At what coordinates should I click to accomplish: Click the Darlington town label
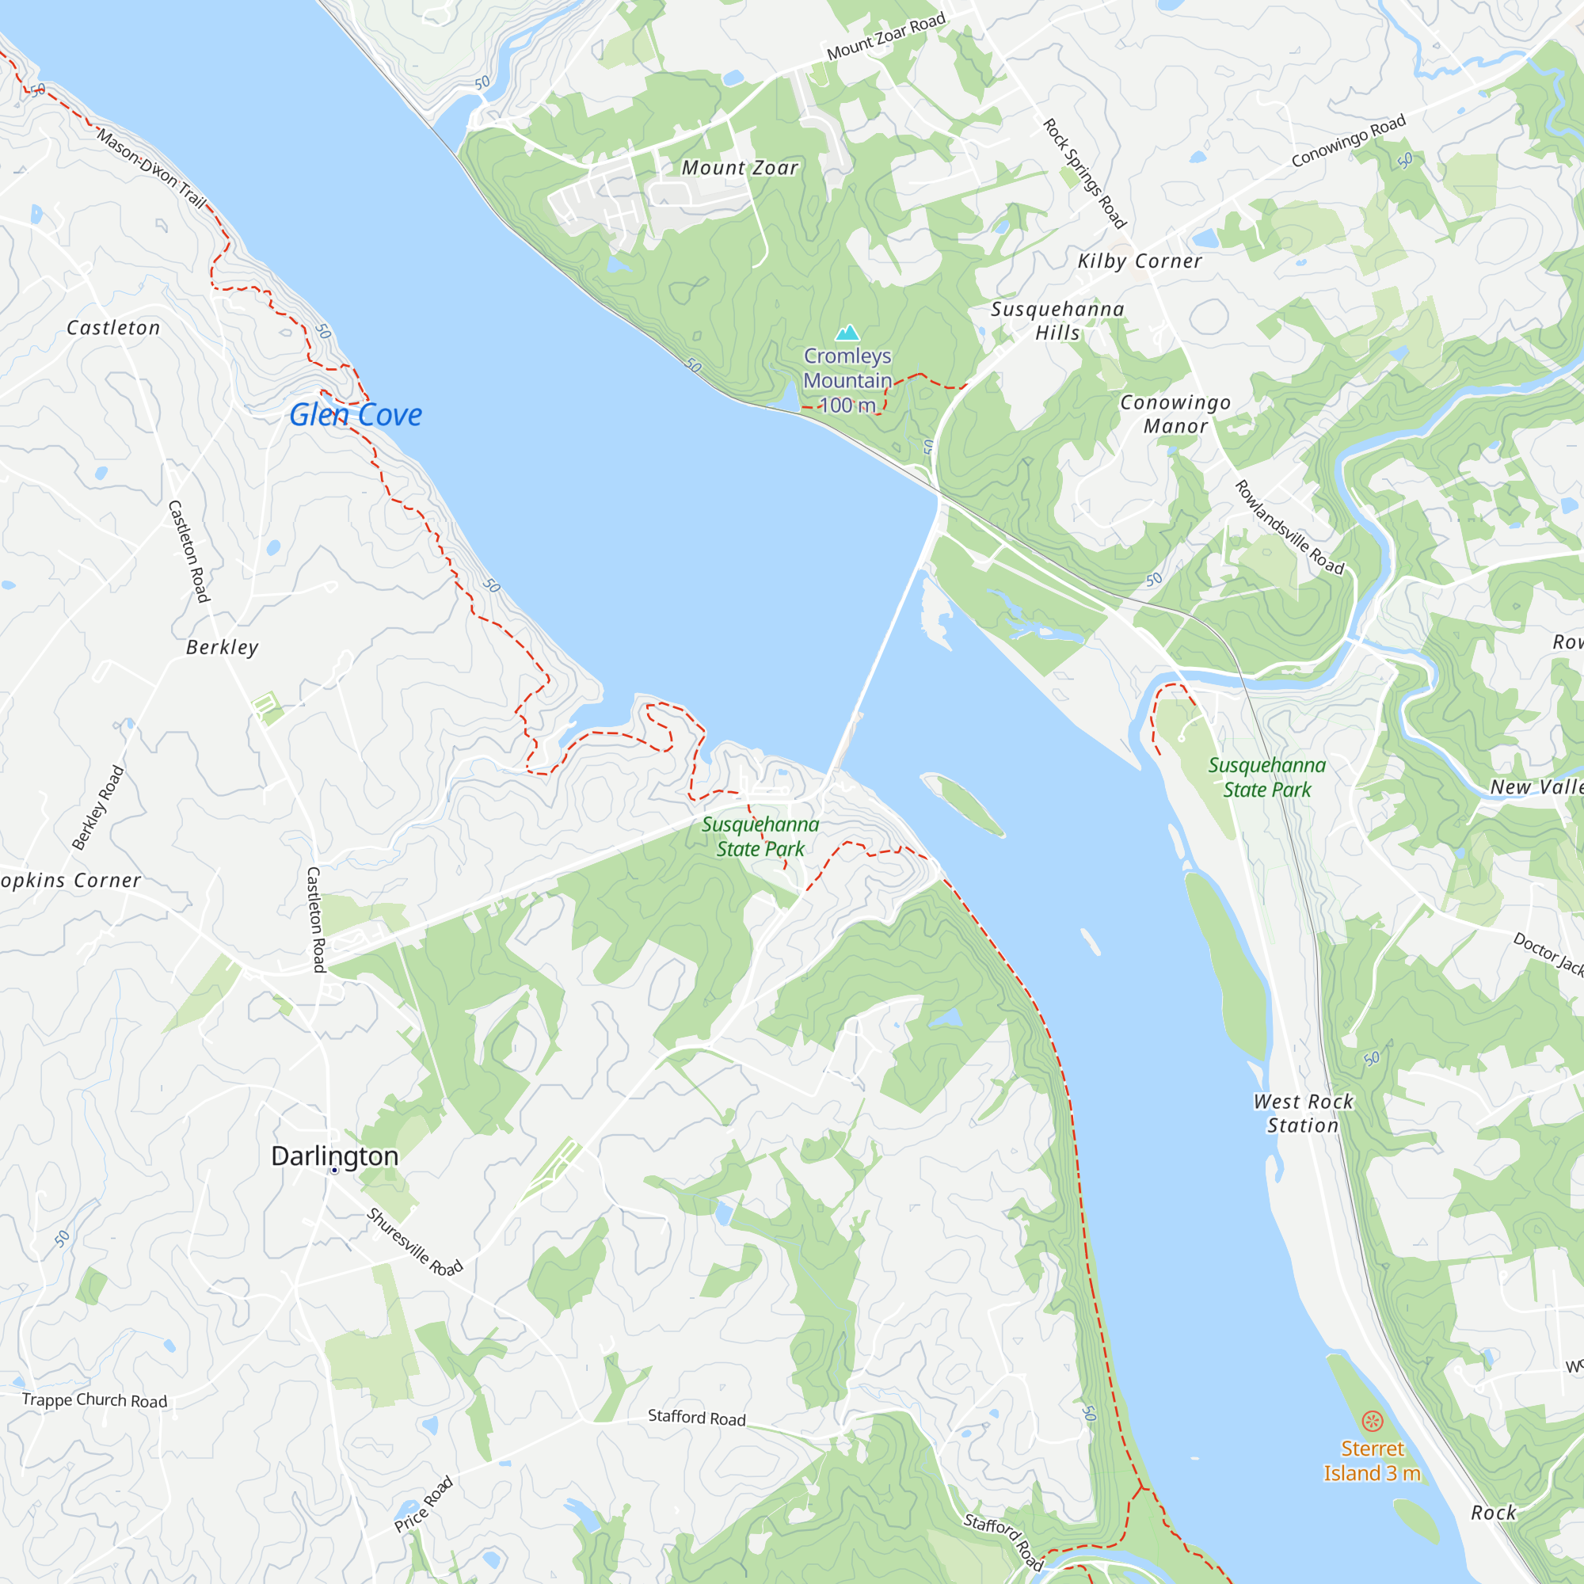pos(334,1156)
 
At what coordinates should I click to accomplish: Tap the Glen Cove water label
pos(356,415)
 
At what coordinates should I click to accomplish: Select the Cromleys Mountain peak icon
pos(847,332)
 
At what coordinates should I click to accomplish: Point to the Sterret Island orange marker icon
pos(1373,1421)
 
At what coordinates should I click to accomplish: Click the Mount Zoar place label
pos(740,168)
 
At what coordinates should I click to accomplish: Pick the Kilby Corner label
pos(1140,261)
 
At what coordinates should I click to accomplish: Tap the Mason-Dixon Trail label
pos(152,168)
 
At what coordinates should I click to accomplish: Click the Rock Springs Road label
pos(1084,173)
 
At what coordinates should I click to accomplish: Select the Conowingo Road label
pos(1349,140)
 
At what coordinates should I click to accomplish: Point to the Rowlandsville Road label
pos(1289,528)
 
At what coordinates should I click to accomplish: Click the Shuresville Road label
pos(415,1242)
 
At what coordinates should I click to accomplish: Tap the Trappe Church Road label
pos(94,1399)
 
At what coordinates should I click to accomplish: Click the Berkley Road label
pos(97,808)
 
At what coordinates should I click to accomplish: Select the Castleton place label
pos(113,328)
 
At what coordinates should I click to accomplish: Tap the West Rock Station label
pos(1303,1114)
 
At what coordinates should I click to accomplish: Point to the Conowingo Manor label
pos(1175,414)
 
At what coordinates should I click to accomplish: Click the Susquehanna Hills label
pos(1057,321)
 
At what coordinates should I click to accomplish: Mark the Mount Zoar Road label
pos(885,37)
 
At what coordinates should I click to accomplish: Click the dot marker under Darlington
pos(334,1171)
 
